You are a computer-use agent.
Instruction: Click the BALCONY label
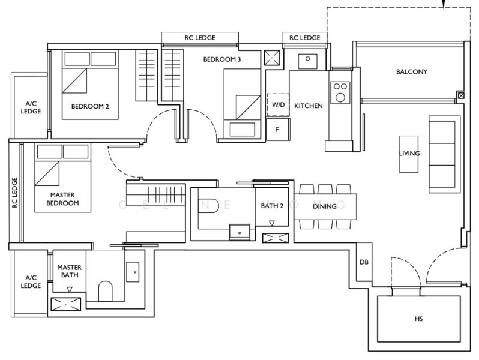412,72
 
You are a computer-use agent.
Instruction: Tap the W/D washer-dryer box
278,105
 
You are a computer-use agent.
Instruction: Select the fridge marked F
278,130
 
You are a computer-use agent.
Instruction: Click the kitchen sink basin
307,61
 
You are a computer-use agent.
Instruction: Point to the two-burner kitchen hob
340,92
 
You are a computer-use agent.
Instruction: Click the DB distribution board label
364,262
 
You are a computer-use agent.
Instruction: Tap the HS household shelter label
418,319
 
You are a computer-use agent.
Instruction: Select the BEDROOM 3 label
221,59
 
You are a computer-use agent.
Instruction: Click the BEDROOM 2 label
90,106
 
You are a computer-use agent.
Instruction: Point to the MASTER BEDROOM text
62,199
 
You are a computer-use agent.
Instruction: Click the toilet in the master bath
106,291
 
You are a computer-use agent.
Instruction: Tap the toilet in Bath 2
210,205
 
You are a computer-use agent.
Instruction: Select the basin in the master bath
133,272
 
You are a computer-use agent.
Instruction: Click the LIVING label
409,153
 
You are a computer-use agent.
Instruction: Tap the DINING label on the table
324,206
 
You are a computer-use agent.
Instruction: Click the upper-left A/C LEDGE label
31,107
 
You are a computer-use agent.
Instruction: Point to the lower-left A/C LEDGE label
31,282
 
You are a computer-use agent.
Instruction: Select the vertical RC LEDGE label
14,193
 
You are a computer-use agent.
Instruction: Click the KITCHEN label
309,106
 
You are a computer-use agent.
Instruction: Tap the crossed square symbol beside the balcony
461,95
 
